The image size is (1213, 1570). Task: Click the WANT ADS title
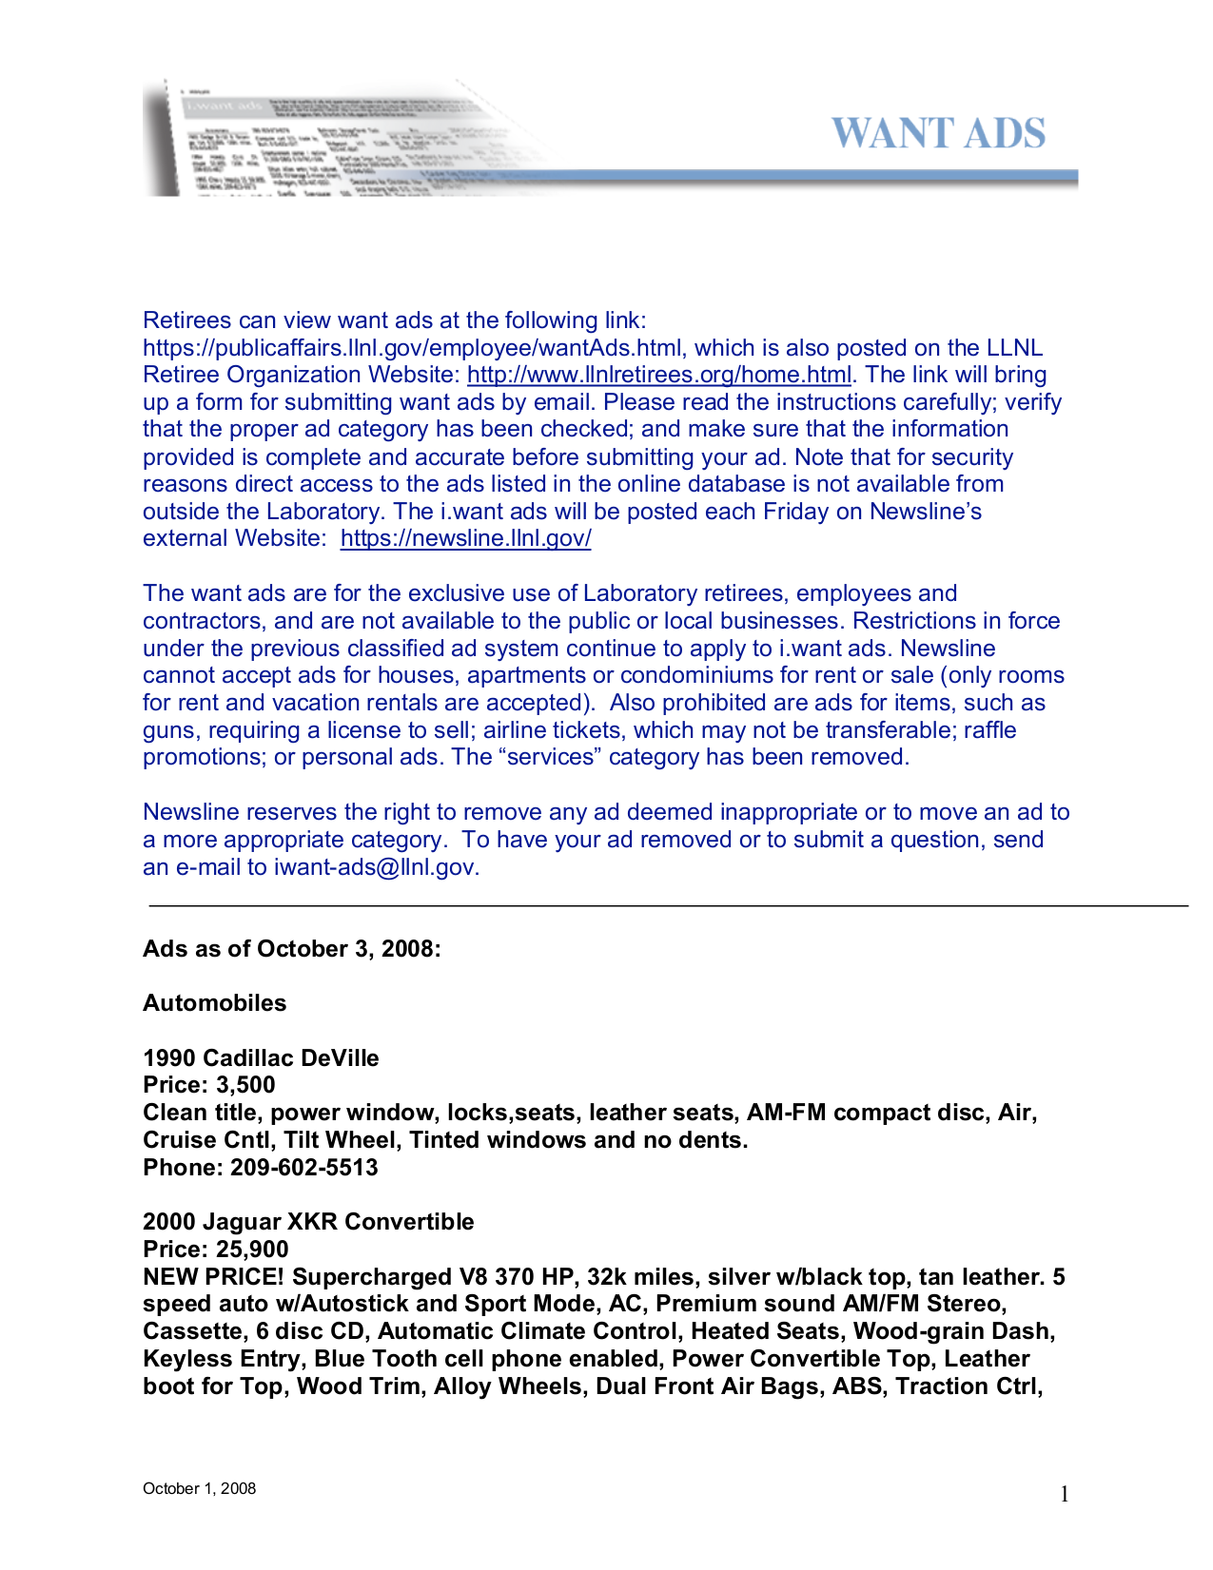coord(938,134)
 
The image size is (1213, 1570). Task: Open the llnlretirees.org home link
coord(658,375)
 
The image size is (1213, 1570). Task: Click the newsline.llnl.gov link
coord(465,538)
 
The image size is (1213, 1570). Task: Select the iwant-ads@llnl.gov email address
coord(375,867)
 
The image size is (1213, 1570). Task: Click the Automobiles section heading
coord(214,1003)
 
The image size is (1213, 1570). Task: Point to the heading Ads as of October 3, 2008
coord(291,949)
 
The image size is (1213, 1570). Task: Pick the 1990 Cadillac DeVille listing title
coord(261,1058)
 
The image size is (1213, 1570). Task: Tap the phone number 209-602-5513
coord(303,1168)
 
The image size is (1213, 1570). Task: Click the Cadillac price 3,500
coord(245,1085)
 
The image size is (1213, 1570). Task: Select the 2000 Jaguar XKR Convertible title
coord(308,1222)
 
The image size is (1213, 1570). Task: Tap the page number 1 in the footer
coord(1064,1495)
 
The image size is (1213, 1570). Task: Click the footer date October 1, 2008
coord(199,1489)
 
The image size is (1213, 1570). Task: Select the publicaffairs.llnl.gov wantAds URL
coord(412,348)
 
